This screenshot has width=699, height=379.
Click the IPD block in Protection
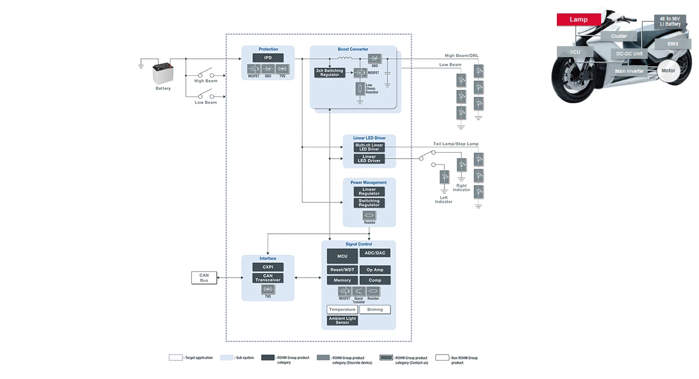tap(268, 58)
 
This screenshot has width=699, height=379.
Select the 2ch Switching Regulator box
tap(330, 72)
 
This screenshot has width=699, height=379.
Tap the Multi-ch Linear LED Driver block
tap(369, 147)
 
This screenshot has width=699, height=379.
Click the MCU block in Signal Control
tap(342, 256)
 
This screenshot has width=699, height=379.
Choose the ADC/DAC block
tap(375, 253)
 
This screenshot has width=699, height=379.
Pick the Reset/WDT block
tap(342, 270)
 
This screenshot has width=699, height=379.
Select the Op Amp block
tap(375, 270)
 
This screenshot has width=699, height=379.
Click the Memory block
tap(342, 280)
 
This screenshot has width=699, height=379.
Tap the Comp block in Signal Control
tap(375, 280)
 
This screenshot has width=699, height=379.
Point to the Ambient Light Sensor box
tap(342, 320)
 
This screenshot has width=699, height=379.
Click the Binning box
tap(375, 310)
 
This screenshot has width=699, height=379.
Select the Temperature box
tap(342, 310)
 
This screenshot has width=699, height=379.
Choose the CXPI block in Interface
tap(268, 267)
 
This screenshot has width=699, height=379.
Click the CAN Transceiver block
tap(268, 278)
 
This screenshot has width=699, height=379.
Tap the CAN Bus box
tap(204, 278)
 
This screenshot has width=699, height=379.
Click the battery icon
tap(163, 73)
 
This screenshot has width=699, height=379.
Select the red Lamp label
tap(578, 19)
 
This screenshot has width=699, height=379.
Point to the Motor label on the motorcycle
tap(668, 70)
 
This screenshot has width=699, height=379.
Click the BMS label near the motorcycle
tap(672, 44)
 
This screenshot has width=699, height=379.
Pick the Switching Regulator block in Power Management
tap(369, 203)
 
